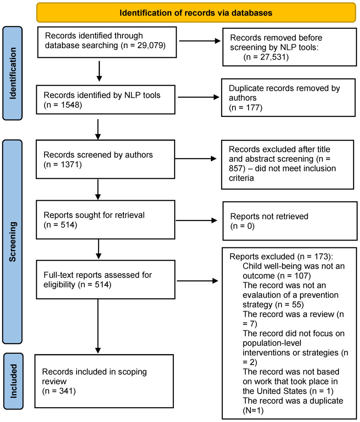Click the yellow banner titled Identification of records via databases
pyautogui.click(x=196, y=12)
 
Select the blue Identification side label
pyautogui.click(x=12, y=73)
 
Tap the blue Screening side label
pyautogui.click(x=12, y=241)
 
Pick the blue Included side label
pyautogui.click(x=13, y=381)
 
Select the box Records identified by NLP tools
pyautogui.click(x=105, y=99)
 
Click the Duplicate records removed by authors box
pyautogui.click(x=288, y=98)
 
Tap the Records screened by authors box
pyautogui.click(x=105, y=159)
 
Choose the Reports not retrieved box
pyautogui.click(x=290, y=221)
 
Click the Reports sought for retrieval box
pyautogui.click(x=105, y=219)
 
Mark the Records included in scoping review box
pyautogui.click(x=104, y=381)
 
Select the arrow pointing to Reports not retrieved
pyautogui.click(x=196, y=221)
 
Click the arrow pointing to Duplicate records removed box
pyautogui.click(x=199, y=97)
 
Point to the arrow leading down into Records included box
pyautogui.click(x=98, y=326)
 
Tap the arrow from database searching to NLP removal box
pyautogui.click(x=200, y=41)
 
